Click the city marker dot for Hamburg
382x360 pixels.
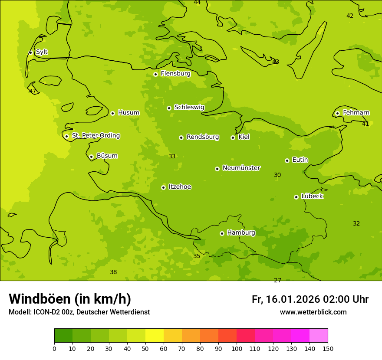click(x=222, y=233)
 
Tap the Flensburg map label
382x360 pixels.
click(x=175, y=74)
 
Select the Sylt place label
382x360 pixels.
click(x=42, y=52)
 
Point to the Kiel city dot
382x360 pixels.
click(x=233, y=137)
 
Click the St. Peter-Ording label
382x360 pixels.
click(x=95, y=136)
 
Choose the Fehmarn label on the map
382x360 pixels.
click(x=356, y=113)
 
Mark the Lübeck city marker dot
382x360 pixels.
click(x=296, y=197)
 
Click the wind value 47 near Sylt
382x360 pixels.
click(x=33, y=91)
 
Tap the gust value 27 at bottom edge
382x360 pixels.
click(x=277, y=280)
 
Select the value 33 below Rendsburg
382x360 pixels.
click(x=172, y=156)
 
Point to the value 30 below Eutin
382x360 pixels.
click(x=277, y=175)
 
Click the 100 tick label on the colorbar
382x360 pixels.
click(x=237, y=348)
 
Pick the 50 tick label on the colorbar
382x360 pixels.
click(x=145, y=348)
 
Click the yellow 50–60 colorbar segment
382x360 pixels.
click(x=155, y=336)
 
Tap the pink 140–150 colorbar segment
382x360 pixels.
click(x=319, y=336)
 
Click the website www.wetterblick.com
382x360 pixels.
click(x=313, y=312)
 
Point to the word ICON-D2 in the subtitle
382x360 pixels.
click(x=45, y=312)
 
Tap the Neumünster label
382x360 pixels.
click(x=241, y=168)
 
